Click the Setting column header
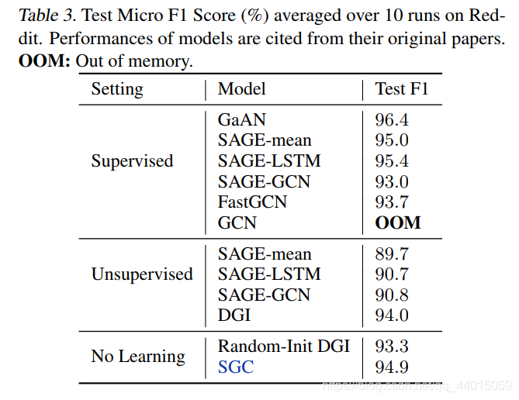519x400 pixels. point(117,89)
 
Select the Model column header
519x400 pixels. point(241,89)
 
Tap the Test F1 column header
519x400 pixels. point(401,89)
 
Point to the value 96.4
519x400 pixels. point(392,120)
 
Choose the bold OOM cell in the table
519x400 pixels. point(398,222)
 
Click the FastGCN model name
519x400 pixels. point(252,202)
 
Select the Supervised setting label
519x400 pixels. point(132,161)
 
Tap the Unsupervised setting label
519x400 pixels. point(142,274)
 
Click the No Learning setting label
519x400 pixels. point(138,357)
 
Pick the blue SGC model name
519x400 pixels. point(236,367)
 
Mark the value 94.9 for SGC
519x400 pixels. point(392,367)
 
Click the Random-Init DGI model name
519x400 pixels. point(284,346)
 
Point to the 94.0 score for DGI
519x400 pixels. point(392,316)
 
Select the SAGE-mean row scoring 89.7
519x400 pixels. point(265,254)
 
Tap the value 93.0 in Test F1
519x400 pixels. point(392,181)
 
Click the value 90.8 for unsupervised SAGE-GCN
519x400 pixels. point(392,295)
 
